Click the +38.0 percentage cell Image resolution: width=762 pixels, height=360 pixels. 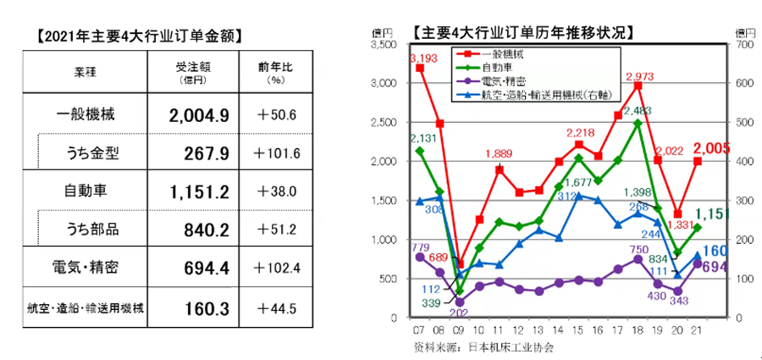click(275, 192)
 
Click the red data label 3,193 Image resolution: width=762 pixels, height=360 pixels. click(422, 58)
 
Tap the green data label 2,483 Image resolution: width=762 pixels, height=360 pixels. click(638, 110)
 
